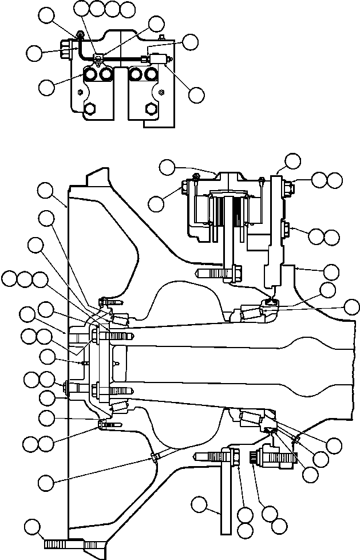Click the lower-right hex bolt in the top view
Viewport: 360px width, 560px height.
(x=151, y=109)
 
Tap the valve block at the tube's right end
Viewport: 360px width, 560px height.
(x=156, y=58)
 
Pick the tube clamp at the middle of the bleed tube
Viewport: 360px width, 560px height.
(x=100, y=57)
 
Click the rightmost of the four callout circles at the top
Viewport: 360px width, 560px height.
(x=128, y=9)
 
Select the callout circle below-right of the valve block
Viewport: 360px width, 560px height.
(x=196, y=94)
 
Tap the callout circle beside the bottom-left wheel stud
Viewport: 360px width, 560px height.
(x=35, y=527)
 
